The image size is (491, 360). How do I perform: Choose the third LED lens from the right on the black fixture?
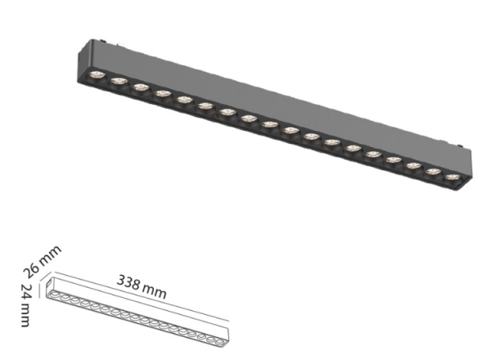(413, 164)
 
